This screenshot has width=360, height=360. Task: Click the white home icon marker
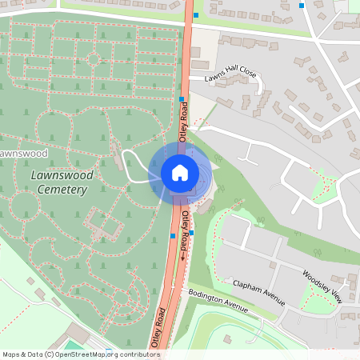pyautogui.click(x=179, y=172)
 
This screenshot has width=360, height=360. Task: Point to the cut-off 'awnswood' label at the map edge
pyautogui.click(x=19, y=152)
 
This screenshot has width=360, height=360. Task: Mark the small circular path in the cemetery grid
pyautogui.click(x=93, y=58)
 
